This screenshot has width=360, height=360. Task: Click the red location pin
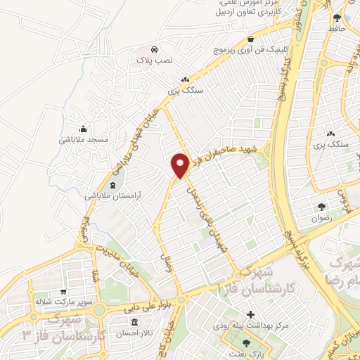tap(180, 165)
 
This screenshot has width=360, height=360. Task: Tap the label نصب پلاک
tap(153, 60)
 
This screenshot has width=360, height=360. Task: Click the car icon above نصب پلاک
tap(153, 50)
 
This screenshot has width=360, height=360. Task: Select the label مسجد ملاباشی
tap(84, 139)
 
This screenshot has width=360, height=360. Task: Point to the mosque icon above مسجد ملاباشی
tap(84, 128)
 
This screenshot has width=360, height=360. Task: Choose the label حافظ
tap(337, 28)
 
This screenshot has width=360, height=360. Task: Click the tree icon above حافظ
tap(337, 17)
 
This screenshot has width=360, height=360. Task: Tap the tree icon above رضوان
tap(321, 207)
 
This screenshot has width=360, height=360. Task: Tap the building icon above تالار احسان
tap(147, 320)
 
